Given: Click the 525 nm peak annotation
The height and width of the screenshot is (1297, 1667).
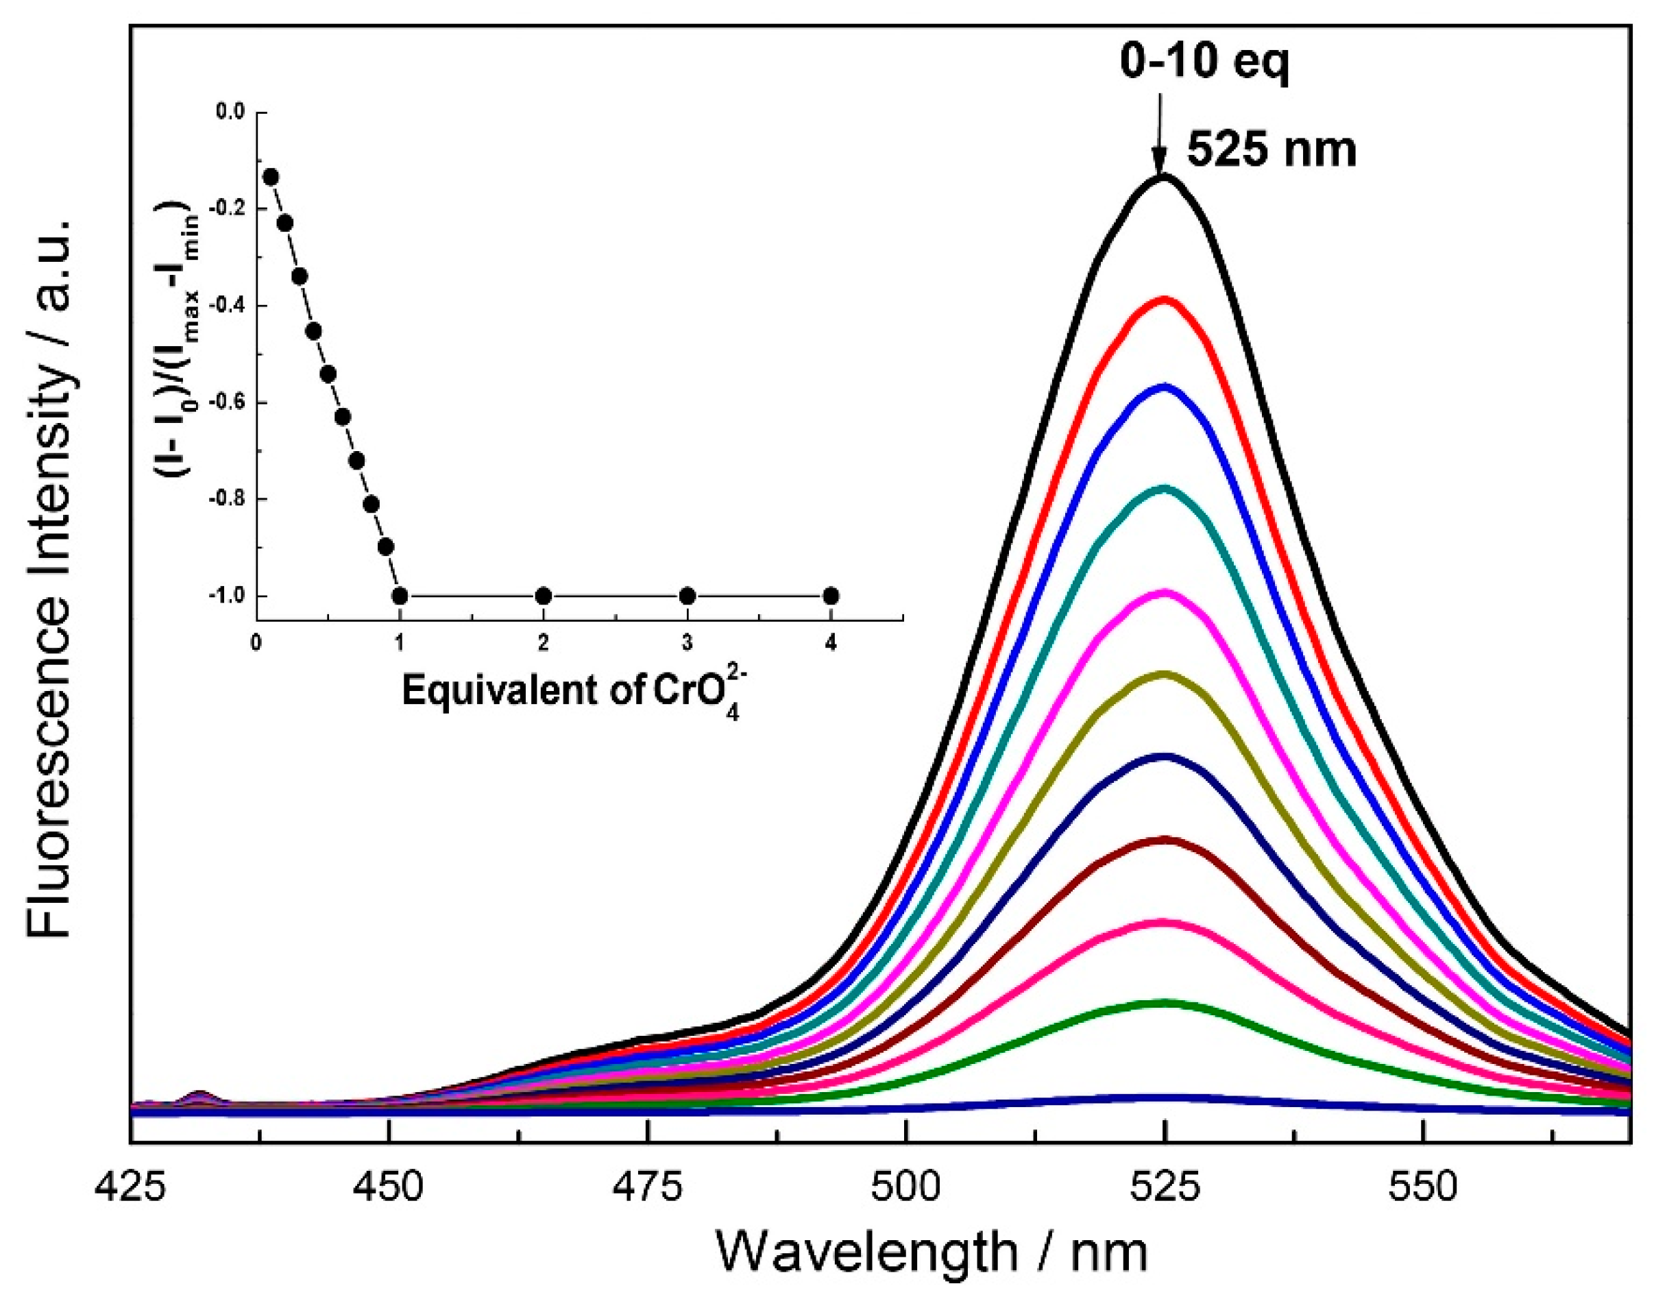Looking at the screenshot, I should (x=1271, y=150).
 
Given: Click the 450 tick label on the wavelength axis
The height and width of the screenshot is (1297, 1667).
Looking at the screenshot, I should (x=389, y=1188).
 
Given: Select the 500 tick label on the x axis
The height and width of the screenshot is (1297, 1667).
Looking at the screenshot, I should (x=905, y=1188).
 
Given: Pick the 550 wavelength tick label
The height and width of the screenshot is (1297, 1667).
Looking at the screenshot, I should (x=1423, y=1188).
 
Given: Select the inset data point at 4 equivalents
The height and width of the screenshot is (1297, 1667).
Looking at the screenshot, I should (x=831, y=596).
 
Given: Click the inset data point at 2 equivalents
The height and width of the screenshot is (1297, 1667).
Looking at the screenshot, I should (x=544, y=596).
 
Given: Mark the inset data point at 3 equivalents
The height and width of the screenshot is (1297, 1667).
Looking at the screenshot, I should (x=687, y=596).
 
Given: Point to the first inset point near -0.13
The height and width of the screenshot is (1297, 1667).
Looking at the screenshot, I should (x=270, y=176).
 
